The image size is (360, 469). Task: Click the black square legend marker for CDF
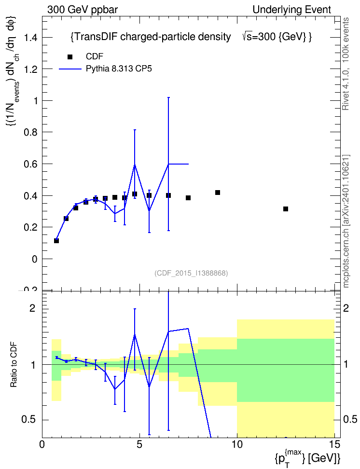70,57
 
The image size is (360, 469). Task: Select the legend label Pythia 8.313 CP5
119,69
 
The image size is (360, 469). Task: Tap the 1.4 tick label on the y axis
31,37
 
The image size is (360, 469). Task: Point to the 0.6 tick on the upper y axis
31,164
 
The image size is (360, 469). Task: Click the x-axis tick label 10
237,444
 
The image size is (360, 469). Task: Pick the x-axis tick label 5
139,444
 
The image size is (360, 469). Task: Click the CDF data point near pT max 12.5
286,209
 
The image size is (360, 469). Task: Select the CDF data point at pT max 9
218,193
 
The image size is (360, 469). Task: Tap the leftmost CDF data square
56,240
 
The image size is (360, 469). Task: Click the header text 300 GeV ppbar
83,10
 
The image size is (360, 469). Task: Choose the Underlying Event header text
292,10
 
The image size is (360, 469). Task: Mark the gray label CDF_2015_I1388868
191,273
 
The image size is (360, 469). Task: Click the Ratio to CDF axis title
14,365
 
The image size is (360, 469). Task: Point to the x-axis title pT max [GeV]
307,457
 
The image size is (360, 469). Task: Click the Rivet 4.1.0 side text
346,64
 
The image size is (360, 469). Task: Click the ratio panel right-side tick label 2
346,308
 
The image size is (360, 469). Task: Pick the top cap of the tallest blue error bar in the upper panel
168,97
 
